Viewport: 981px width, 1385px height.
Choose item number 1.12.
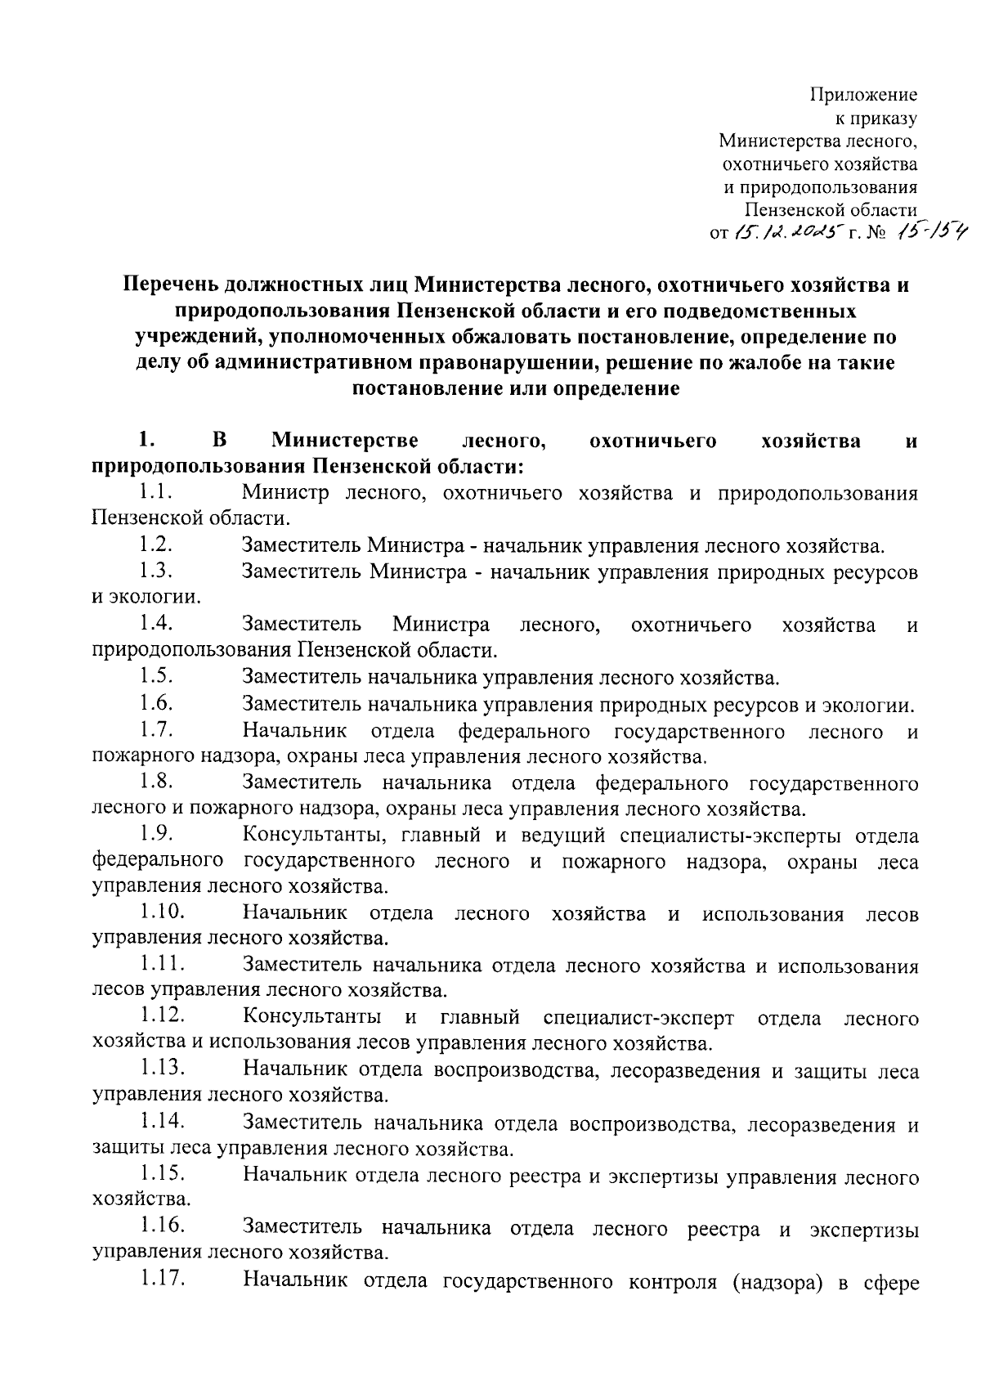tap(161, 1017)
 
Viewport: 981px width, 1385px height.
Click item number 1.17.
tap(161, 1281)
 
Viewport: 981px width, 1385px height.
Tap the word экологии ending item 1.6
tap(871, 705)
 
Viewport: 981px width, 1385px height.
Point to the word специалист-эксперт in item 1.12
tap(638, 1018)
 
